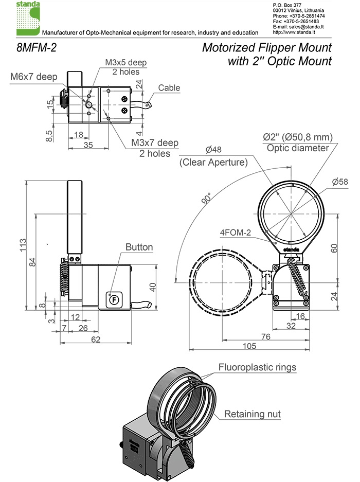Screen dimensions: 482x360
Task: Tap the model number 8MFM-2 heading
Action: pyautogui.click(x=37, y=49)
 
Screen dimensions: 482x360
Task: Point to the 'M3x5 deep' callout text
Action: pyautogui.click(x=126, y=63)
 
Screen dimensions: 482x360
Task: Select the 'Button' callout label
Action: pyautogui.click(x=139, y=247)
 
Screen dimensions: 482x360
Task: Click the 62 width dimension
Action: pyautogui.click(x=95, y=340)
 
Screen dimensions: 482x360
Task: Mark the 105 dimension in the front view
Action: pyautogui.click(x=249, y=346)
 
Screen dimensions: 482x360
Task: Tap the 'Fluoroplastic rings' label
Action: pyautogui.click(x=257, y=367)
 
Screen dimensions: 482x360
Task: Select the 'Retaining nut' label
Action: pyautogui.click(x=252, y=414)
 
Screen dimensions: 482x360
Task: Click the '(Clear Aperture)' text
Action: pyautogui.click(x=213, y=162)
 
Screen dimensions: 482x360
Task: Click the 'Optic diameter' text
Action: pyautogui.click(x=297, y=148)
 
